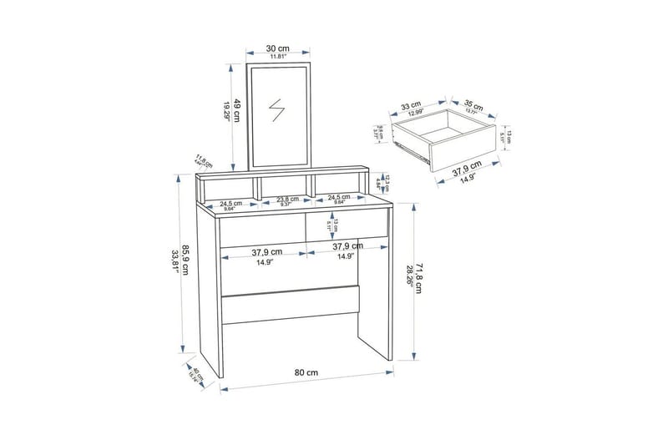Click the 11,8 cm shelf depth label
[x=200, y=159]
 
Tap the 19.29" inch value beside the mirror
[x=225, y=111]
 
